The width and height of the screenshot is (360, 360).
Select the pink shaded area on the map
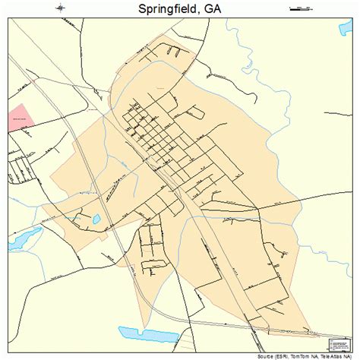coord(21,118)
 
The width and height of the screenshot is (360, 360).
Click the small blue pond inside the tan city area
coord(96,219)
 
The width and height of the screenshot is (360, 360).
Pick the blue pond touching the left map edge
coord(21,238)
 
